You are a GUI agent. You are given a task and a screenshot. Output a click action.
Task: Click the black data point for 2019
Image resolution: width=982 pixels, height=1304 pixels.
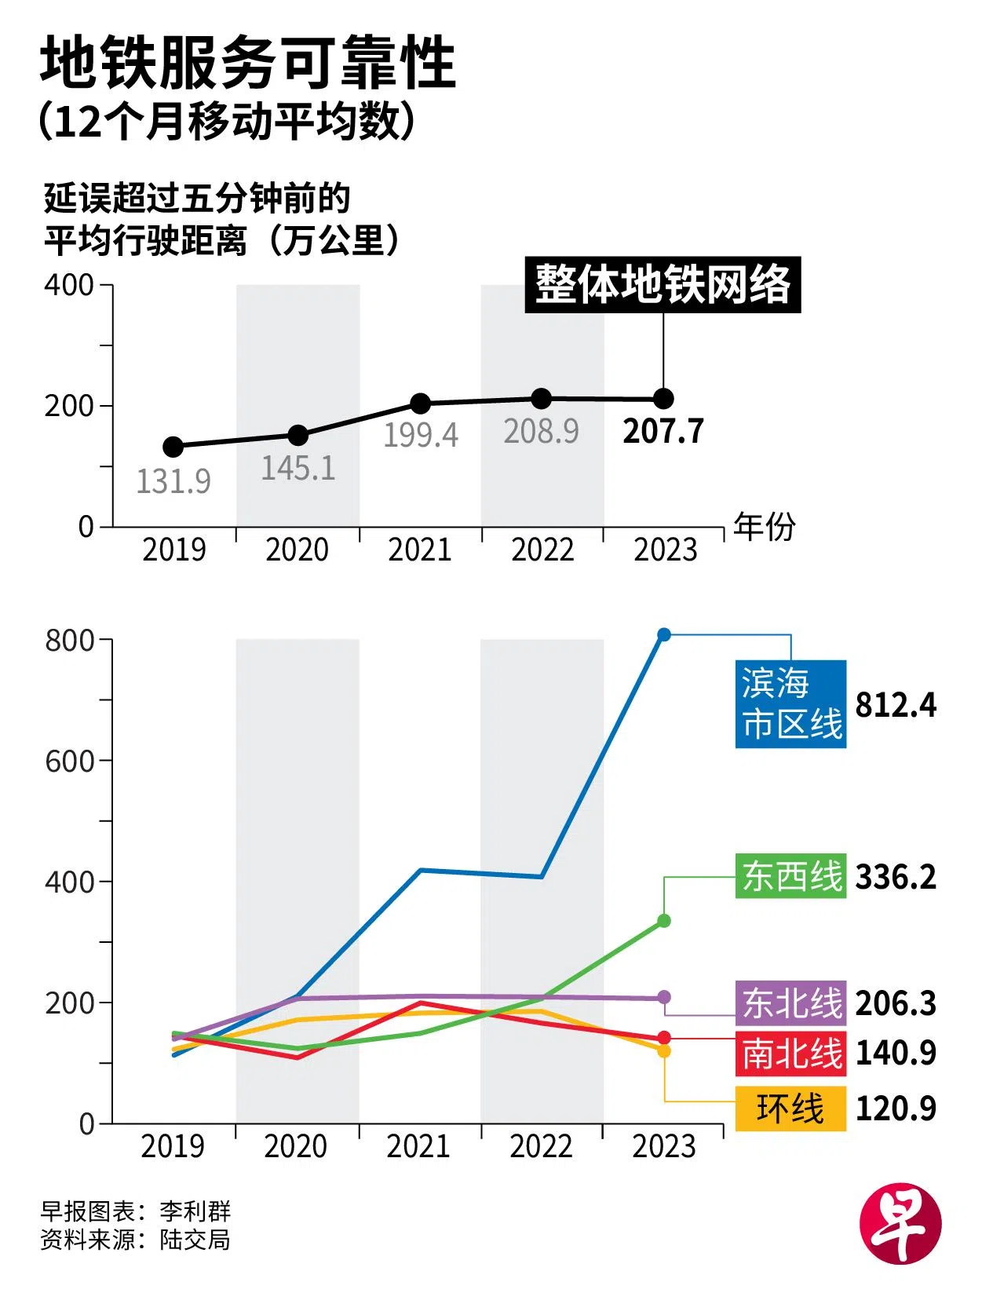click(x=173, y=447)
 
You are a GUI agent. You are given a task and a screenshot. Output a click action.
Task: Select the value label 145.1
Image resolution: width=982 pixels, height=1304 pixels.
click(x=298, y=469)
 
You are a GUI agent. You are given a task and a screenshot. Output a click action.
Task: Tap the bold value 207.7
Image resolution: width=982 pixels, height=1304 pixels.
click(x=663, y=431)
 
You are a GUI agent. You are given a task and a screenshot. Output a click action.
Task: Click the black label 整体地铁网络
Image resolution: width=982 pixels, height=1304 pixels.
click(x=663, y=284)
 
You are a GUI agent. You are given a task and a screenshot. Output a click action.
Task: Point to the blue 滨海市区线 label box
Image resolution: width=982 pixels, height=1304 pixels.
click(x=790, y=703)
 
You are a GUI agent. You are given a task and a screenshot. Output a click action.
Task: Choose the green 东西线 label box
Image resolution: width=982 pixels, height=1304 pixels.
click(x=791, y=876)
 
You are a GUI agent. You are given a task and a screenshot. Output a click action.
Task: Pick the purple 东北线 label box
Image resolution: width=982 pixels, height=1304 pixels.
click(x=791, y=1003)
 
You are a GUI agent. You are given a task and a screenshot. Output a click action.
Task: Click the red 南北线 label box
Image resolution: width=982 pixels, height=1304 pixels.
click(x=791, y=1053)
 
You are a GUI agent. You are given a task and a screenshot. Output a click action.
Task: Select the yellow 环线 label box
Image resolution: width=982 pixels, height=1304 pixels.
click(x=791, y=1109)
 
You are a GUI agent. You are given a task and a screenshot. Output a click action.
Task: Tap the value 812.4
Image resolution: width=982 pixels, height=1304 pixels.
click(x=896, y=705)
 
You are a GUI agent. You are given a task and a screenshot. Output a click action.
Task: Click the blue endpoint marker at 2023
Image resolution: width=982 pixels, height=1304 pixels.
click(x=664, y=634)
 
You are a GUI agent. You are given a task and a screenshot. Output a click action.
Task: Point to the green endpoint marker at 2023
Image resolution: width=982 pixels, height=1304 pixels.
click(x=664, y=920)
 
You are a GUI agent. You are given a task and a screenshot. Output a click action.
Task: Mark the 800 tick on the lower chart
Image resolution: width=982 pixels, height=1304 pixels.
click(x=70, y=641)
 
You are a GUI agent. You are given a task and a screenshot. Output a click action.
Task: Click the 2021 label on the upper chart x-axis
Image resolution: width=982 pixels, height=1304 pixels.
click(x=420, y=550)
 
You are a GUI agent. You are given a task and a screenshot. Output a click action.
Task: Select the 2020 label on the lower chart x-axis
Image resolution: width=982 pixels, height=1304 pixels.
click(x=296, y=1146)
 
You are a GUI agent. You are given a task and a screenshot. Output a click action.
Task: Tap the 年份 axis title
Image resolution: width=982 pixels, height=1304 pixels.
click(x=764, y=526)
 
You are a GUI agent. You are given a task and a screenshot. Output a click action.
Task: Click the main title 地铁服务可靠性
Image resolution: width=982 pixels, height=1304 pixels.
click(x=248, y=63)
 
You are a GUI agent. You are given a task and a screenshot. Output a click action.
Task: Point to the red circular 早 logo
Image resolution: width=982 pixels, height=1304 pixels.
click(x=900, y=1224)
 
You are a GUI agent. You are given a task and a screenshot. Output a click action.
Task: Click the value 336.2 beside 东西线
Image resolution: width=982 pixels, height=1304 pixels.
click(x=896, y=877)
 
